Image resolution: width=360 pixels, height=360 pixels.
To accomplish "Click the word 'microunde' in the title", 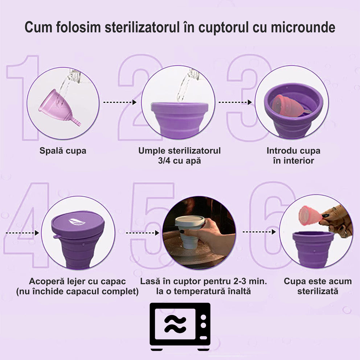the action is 303,27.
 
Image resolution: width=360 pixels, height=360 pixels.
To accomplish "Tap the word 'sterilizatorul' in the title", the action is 142,27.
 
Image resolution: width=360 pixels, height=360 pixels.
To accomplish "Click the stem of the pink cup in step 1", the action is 76,121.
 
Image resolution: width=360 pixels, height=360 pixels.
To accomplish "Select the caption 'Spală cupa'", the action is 63,151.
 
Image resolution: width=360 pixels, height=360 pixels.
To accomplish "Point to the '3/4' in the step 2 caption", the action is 164,161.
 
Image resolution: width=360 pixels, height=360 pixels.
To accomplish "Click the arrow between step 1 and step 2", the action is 120,102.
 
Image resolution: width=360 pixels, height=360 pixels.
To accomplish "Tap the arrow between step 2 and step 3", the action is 235,102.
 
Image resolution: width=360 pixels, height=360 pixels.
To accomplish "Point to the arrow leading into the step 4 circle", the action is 22,233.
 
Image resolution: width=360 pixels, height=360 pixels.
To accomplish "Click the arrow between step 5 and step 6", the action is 259,232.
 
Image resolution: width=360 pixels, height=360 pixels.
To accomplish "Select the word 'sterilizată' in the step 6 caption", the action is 318,291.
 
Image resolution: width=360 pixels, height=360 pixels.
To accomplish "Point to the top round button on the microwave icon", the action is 204,317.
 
